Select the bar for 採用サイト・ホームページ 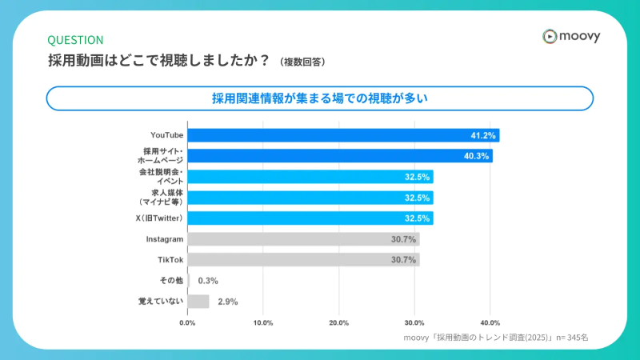point(339,156)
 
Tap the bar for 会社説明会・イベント point(310,177)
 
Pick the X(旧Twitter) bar point(310,218)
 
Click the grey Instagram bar point(303,239)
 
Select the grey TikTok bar point(303,260)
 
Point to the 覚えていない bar point(198,302)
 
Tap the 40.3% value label point(477,156)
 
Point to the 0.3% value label point(208,281)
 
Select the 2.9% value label point(227,302)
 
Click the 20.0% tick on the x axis point(338,323)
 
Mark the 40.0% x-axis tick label point(490,323)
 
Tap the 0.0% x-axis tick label point(187,323)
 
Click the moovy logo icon point(549,36)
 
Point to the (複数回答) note point(302,62)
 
